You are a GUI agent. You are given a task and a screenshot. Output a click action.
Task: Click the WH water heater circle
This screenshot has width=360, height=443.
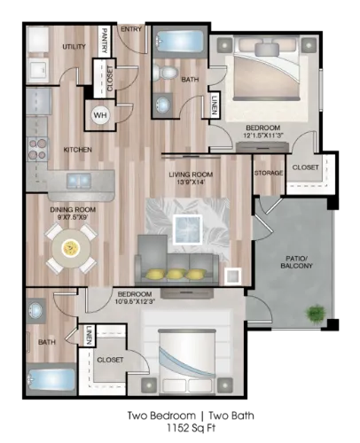pyautogui.click(x=100, y=114)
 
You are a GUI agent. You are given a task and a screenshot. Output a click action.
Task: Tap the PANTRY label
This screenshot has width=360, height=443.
pyautogui.click(x=104, y=41)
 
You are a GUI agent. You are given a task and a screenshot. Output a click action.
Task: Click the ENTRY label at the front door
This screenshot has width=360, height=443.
pyautogui.click(x=131, y=29)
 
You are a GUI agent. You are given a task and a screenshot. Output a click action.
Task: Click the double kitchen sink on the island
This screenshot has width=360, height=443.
pyautogui.click(x=79, y=181)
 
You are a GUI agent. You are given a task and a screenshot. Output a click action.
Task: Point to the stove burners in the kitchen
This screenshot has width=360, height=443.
pyautogui.click(x=37, y=149)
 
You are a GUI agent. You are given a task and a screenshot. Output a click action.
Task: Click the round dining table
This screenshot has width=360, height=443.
pyautogui.click(x=71, y=248)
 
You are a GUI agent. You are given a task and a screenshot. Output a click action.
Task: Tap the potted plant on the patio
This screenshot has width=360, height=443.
pyautogui.click(x=316, y=313)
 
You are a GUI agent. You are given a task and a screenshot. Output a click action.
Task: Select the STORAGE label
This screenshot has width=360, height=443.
pyautogui.click(x=269, y=173)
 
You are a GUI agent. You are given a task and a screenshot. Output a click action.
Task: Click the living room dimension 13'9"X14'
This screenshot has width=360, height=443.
pyautogui.click(x=191, y=182)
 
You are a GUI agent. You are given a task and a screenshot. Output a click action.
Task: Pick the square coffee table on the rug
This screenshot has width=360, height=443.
pyautogui.click(x=188, y=229)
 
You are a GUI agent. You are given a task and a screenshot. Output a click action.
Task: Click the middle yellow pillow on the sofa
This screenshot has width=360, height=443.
pyautogui.click(x=176, y=274)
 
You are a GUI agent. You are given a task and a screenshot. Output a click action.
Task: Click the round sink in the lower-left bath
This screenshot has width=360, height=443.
pyautogui.click(x=36, y=310)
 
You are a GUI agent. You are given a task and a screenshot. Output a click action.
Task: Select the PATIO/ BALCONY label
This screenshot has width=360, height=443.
pyautogui.click(x=296, y=262)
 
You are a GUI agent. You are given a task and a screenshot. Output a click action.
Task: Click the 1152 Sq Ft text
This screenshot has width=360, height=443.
pyautogui.click(x=191, y=428)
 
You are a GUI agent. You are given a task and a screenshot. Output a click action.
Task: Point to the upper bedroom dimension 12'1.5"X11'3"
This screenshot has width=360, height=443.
pyautogui.click(x=263, y=136)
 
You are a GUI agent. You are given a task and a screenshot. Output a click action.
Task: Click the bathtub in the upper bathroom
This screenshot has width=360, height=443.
pyautogui.click(x=179, y=41)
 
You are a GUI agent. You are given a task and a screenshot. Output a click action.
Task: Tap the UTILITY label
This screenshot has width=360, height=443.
pyautogui.click(x=74, y=47)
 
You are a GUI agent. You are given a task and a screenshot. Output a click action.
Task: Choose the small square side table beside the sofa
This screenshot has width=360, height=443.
pyautogui.click(x=232, y=276)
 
